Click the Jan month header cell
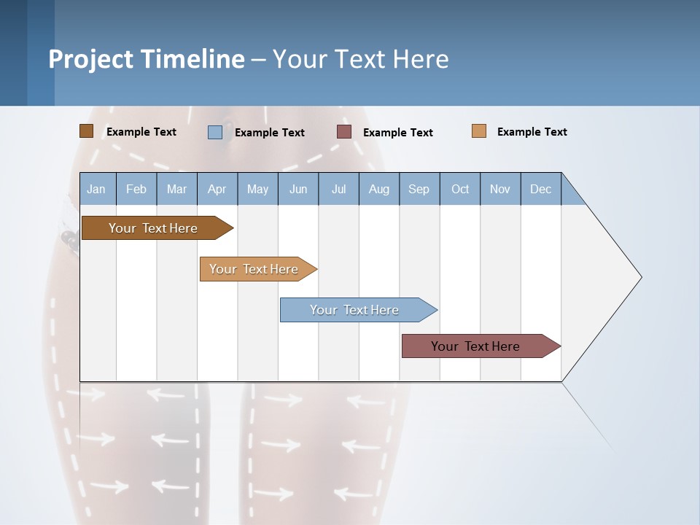tap(97, 189)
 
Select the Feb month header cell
tap(136, 189)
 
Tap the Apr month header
tap(217, 189)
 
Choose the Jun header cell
tap(298, 189)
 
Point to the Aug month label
tap(379, 189)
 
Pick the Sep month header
tap(419, 189)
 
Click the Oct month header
tap(460, 189)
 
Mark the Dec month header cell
tap(541, 189)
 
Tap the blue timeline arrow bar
tap(355, 310)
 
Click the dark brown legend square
tap(86, 131)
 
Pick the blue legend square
tap(214, 132)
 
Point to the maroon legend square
tap(344, 132)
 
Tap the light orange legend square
tap(478, 131)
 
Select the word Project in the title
tap(90, 59)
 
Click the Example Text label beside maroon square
tap(397, 133)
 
